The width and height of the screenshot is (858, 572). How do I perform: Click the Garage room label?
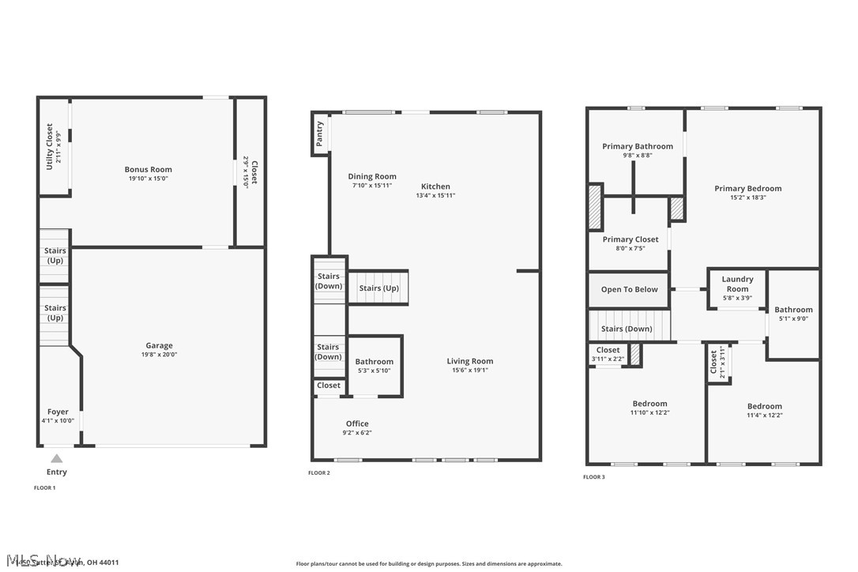click(x=159, y=345)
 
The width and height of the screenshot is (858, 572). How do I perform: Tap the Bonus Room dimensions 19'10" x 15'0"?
click(x=148, y=179)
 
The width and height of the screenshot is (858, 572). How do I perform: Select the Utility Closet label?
click(x=50, y=146)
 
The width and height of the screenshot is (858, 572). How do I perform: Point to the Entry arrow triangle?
click(x=56, y=458)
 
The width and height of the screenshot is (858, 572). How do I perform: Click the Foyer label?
click(x=58, y=412)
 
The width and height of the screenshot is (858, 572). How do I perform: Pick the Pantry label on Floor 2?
click(x=320, y=134)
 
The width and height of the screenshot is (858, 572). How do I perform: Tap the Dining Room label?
click(x=372, y=176)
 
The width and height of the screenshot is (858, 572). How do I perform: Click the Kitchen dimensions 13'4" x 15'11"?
click(x=435, y=196)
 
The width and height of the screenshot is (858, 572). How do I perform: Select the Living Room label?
click(x=469, y=361)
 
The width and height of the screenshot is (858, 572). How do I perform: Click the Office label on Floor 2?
click(x=357, y=423)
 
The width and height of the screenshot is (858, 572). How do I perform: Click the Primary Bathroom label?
click(x=638, y=146)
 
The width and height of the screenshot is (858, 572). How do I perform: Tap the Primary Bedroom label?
click(x=747, y=188)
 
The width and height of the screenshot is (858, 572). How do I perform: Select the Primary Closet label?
click(x=630, y=239)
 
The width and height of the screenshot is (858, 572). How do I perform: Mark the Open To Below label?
click(x=629, y=289)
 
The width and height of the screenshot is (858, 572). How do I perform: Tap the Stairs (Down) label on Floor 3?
click(x=627, y=329)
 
